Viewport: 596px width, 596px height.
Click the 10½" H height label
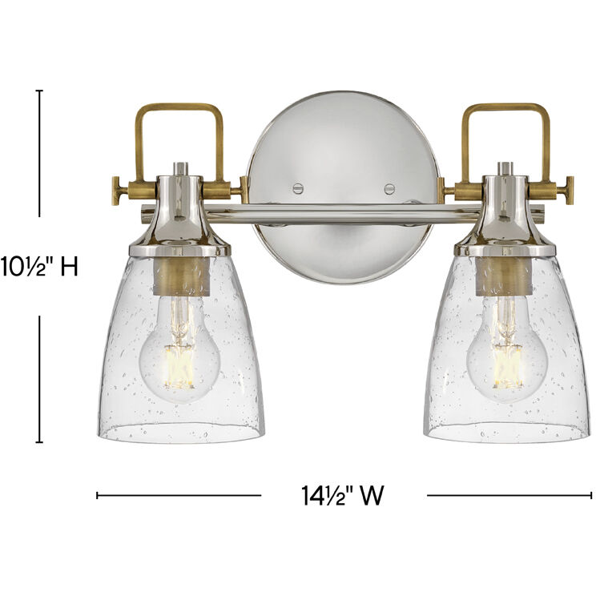point(39,266)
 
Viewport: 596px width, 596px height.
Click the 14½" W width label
point(344,496)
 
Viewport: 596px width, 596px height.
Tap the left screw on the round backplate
point(298,188)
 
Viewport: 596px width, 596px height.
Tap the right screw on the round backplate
point(389,189)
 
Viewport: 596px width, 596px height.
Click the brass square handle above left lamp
point(179,109)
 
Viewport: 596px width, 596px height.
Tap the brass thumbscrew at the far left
point(117,190)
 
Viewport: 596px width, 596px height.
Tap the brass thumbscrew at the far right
point(570,191)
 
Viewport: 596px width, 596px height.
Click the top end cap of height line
point(39,91)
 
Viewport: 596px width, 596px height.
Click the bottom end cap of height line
point(39,442)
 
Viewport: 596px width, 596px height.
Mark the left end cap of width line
point(98,496)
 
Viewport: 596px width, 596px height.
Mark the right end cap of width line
point(591,496)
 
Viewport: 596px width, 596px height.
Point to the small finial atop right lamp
point(505,168)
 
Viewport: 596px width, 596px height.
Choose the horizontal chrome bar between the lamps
point(344,213)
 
